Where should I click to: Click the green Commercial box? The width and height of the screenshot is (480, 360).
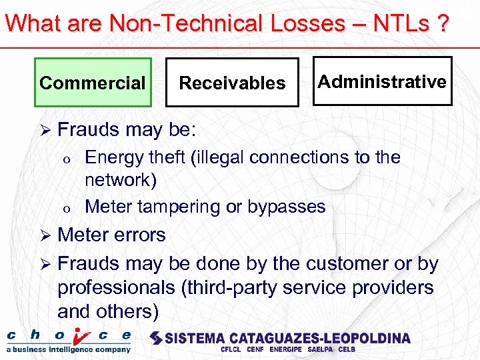pos(93,83)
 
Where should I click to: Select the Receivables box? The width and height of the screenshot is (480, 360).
pos(232,83)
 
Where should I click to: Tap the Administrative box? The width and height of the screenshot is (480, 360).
pos(382,81)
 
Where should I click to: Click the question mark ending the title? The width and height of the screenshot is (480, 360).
pos(442,23)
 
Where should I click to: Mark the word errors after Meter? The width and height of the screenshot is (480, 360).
pos(139,235)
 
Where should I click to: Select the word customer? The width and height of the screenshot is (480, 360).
pos(342,264)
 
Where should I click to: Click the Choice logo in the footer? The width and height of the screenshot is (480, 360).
pos(69,339)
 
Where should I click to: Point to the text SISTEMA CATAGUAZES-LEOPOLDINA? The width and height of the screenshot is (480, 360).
pos(280,337)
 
